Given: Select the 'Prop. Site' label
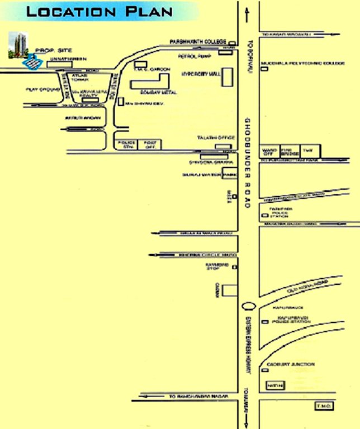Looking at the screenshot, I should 48,50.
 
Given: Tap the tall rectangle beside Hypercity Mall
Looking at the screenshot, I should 228,78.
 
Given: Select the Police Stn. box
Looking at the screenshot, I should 124,145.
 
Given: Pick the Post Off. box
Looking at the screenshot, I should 149,145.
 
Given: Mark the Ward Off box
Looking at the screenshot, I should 269,151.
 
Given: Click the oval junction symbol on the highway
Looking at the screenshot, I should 248,307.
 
